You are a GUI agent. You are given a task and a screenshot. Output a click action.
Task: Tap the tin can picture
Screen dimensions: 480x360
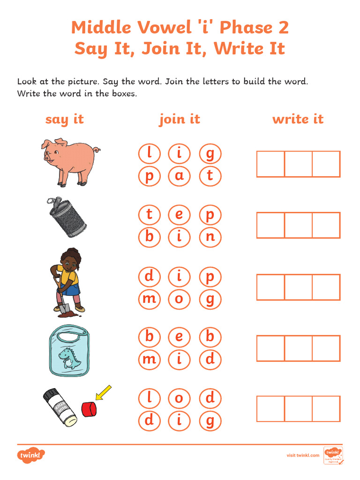pos(67,217)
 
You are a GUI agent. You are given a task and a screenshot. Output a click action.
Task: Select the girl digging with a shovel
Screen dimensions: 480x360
pos(67,280)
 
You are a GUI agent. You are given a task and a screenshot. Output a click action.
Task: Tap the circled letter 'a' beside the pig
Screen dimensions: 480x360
pos(180,176)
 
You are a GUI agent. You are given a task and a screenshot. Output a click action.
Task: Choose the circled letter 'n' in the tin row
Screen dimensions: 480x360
pos(210,237)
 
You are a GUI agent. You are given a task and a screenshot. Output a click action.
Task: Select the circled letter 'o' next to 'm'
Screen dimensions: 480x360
pos(180,299)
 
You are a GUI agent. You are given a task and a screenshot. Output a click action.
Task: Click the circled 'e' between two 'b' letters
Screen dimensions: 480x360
pos(180,337)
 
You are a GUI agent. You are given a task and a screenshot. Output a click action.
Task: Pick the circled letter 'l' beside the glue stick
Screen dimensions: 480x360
pos(150,398)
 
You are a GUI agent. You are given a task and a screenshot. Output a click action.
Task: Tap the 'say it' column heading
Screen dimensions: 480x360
pos(65,119)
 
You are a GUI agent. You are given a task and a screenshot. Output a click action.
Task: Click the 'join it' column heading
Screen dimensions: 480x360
pos(180,119)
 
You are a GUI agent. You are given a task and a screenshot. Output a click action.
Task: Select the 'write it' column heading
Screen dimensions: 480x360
pos(298,119)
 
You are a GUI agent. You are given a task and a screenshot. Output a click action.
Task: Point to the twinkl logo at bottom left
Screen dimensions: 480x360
pos(31,455)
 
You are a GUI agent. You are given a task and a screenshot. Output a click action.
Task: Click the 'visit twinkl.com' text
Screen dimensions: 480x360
pos(303,455)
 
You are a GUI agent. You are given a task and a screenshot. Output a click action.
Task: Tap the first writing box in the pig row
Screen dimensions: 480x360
pos(270,164)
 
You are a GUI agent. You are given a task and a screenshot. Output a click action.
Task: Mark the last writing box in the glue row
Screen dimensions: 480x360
pos(326,409)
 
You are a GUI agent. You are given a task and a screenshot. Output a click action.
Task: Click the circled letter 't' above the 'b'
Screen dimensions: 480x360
pos(150,215)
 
